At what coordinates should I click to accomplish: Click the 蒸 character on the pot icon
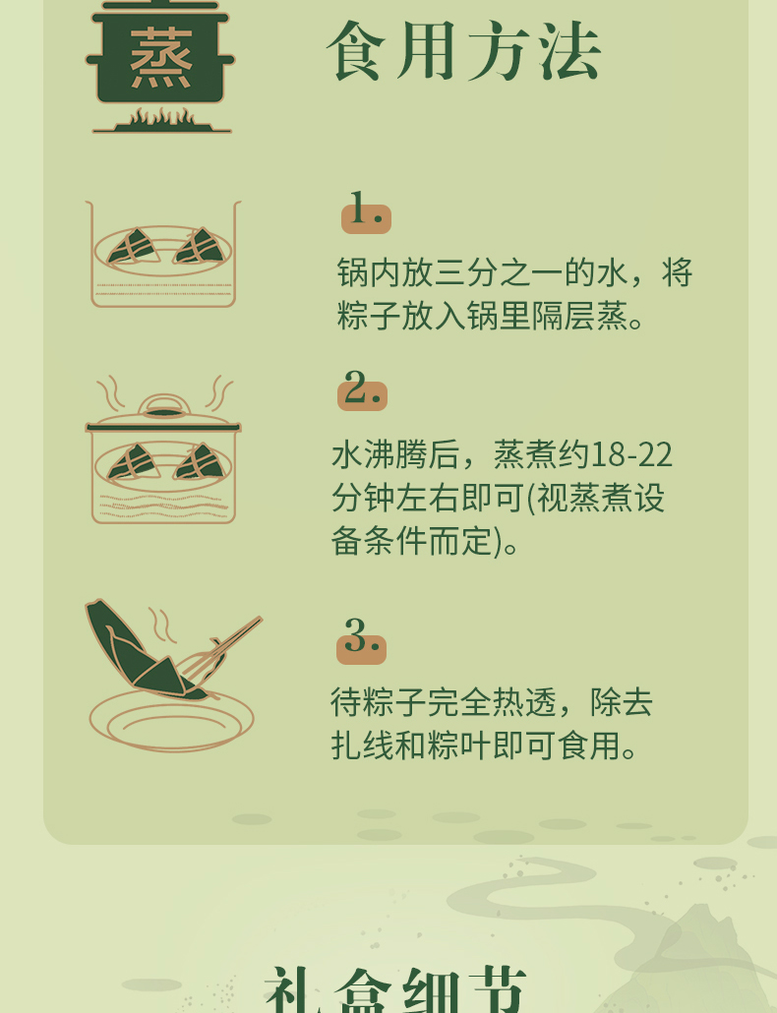[161, 58]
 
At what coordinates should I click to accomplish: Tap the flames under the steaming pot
[161, 118]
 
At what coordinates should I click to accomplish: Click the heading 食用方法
[464, 51]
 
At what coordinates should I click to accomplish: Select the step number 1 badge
[366, 211]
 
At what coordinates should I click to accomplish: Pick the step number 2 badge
[362, 388]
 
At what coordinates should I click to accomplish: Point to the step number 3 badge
[361, 640]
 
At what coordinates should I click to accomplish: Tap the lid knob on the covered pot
[164, 406]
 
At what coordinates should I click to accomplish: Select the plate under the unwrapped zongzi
[171, 720]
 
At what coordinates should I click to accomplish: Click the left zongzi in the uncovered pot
[134, 247]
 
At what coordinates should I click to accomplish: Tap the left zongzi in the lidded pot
[134, 462]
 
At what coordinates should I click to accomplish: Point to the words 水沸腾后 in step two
[396, 454]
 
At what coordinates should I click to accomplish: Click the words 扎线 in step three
[362, 745]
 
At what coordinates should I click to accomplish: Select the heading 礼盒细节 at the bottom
[395, 989]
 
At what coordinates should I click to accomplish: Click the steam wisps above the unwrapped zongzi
[161, 625]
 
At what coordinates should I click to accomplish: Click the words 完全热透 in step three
[491, 702]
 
